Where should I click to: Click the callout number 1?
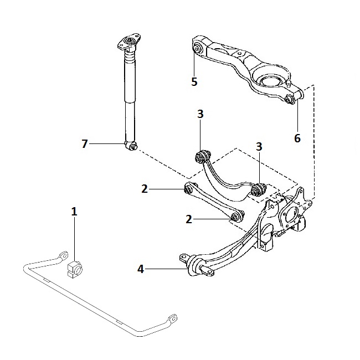[74, 212]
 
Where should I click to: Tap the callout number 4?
[141, 269]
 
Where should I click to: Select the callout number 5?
[194, 82]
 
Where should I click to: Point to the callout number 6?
[297, 138]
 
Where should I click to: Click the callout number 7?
[85, 144]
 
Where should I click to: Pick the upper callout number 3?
[200, 114]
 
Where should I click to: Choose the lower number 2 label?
[189, 219]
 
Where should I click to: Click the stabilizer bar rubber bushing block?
[75, 269]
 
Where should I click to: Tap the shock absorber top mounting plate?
[129, 42]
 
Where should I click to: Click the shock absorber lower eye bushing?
[131, 146]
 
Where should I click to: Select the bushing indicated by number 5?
[197, 49]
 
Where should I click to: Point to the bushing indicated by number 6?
[289, 99]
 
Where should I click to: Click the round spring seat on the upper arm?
[270, 81]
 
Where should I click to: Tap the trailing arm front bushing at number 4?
[195, 266]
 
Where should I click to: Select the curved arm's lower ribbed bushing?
[258, 189]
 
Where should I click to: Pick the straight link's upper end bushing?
[188, 189]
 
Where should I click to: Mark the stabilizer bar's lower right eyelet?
[173, 318]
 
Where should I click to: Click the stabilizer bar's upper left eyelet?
[64, 255]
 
